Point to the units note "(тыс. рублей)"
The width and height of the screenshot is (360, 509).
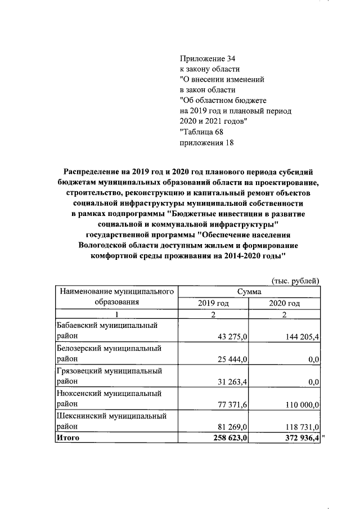point(295,281)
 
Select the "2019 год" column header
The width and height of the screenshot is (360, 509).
point(213,303)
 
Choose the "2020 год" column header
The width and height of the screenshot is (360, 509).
point(285,303)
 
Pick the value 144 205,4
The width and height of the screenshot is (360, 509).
point(300,336)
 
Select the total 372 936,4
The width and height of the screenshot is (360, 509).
point(298,438)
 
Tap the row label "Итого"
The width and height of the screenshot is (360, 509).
point(68,438)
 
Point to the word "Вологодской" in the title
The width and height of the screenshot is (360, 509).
point(106,245)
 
